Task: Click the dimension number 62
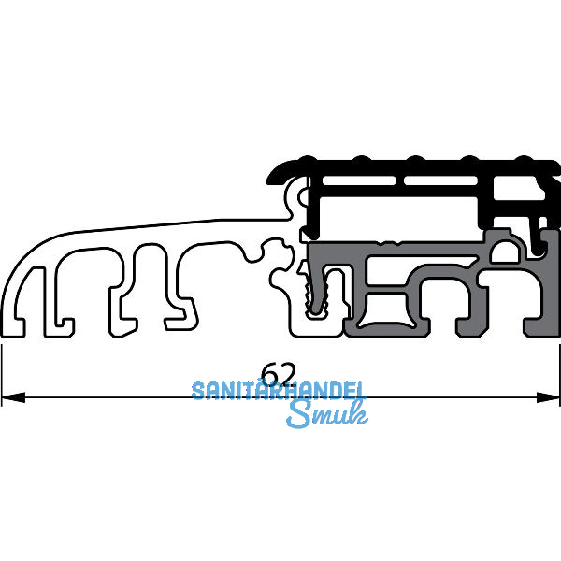[279, 374]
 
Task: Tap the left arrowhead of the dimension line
[13, 397]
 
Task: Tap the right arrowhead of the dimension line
[548, 397]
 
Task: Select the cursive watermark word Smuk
[327, 414]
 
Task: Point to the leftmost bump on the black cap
[307, 159]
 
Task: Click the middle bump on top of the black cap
[415, 159]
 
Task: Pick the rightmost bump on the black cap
[525, 159]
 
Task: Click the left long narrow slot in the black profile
[359, 180]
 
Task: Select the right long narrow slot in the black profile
[440, 180]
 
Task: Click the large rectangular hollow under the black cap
[398, 219]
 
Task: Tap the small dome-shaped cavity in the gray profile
[505, 252]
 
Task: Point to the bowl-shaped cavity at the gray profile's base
[387, 310]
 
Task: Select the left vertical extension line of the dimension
[2, 375]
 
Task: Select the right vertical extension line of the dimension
[559, 375]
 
